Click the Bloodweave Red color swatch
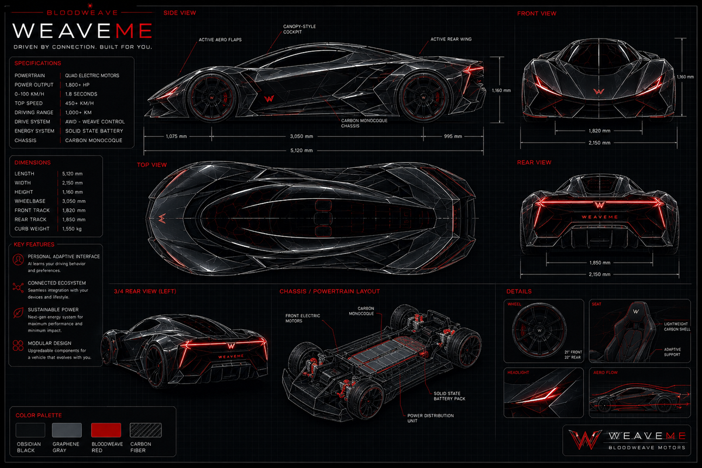106,430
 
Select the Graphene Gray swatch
67,430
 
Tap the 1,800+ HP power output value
77,85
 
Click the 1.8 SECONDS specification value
81,94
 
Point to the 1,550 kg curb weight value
72,229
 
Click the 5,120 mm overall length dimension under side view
301,150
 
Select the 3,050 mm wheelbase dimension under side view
301,136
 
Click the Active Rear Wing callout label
451,39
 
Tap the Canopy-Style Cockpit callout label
300,29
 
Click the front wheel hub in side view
212,98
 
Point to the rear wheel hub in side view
424,98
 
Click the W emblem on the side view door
269,99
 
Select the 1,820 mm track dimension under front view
600,130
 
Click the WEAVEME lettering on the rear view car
600,217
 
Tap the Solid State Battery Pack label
449,396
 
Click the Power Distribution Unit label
431,418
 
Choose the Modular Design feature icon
18,345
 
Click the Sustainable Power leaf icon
18,313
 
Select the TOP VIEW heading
152,165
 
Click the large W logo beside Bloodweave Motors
585,440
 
